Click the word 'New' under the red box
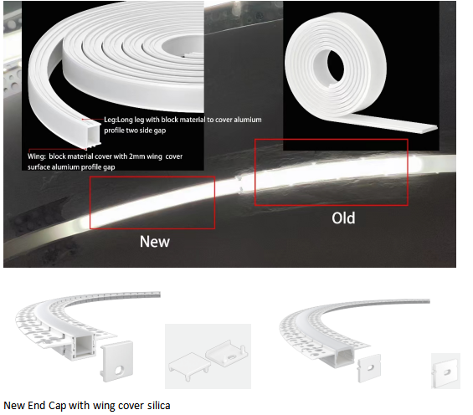coord(155,242)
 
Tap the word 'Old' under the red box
coord(343,218)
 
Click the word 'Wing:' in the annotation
coord(37,156)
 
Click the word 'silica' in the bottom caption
coord(159,405)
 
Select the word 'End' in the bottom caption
coord(37,405)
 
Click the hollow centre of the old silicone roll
coord(334,67)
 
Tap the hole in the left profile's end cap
coord(120,370)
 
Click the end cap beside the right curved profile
coord(368,368)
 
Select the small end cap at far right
coord(445,371)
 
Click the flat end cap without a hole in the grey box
coord(189,366)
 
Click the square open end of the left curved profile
coord(85,347)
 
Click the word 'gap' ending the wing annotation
coord(109,167)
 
